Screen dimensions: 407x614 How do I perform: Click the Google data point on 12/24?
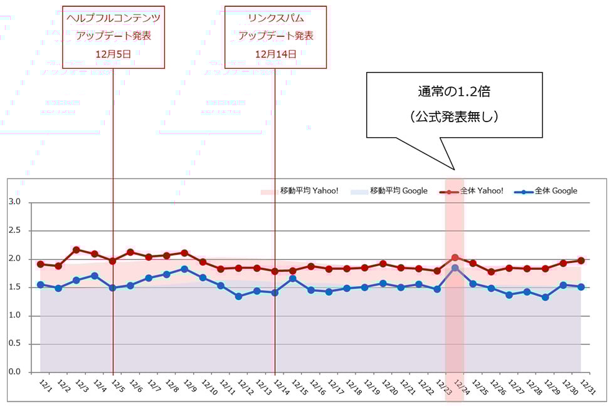click(455, 268)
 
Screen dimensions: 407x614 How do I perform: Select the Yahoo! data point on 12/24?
click(455, 257)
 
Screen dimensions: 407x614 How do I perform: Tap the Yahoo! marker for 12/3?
click(77, 250)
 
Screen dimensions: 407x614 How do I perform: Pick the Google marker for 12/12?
click(239, 296)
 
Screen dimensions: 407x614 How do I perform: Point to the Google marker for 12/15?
click(293, 278)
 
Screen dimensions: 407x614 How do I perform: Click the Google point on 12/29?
click(546, 297)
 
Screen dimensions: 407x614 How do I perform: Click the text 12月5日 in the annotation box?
click(114, 54)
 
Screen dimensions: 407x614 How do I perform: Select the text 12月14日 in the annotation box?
click(275, 54)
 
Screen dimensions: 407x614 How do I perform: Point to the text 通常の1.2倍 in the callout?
click(454, 91)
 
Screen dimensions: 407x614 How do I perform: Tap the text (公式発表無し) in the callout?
click(454, 116)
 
